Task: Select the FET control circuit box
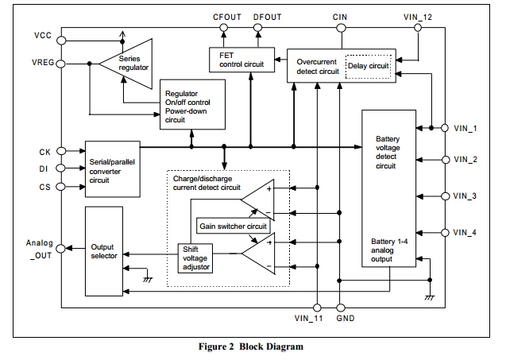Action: (x=241, y=60)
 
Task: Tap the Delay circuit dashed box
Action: (x=368, y=66)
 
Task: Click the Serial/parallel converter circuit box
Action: (x=110, y=168)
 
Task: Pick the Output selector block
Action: (x=104, y=251)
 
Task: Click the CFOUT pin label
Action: (x=226, y=15)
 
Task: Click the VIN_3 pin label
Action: (x=465, y=195)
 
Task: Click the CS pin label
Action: (x=44, y=188)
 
